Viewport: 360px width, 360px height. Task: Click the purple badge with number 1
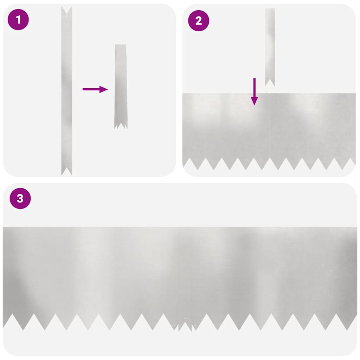[x=18, y=20]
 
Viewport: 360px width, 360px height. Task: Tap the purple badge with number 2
[x=199, y=21]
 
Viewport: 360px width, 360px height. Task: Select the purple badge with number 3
[x=20, y=198]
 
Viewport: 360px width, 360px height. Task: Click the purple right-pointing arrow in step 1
[x=95, y=89]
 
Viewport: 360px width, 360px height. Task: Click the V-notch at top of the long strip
[x=67, y=10]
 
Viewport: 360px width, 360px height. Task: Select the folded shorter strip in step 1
[x=121, y=84]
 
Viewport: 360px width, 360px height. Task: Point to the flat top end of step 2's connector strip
[x=270, y=9]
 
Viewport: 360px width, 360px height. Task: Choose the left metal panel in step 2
[x=226, y=127]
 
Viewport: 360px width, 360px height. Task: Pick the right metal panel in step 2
[x=312, y=127]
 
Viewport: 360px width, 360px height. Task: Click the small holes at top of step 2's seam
[x=269, y=95]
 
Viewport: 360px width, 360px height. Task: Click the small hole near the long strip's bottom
[x=67, y=165]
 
